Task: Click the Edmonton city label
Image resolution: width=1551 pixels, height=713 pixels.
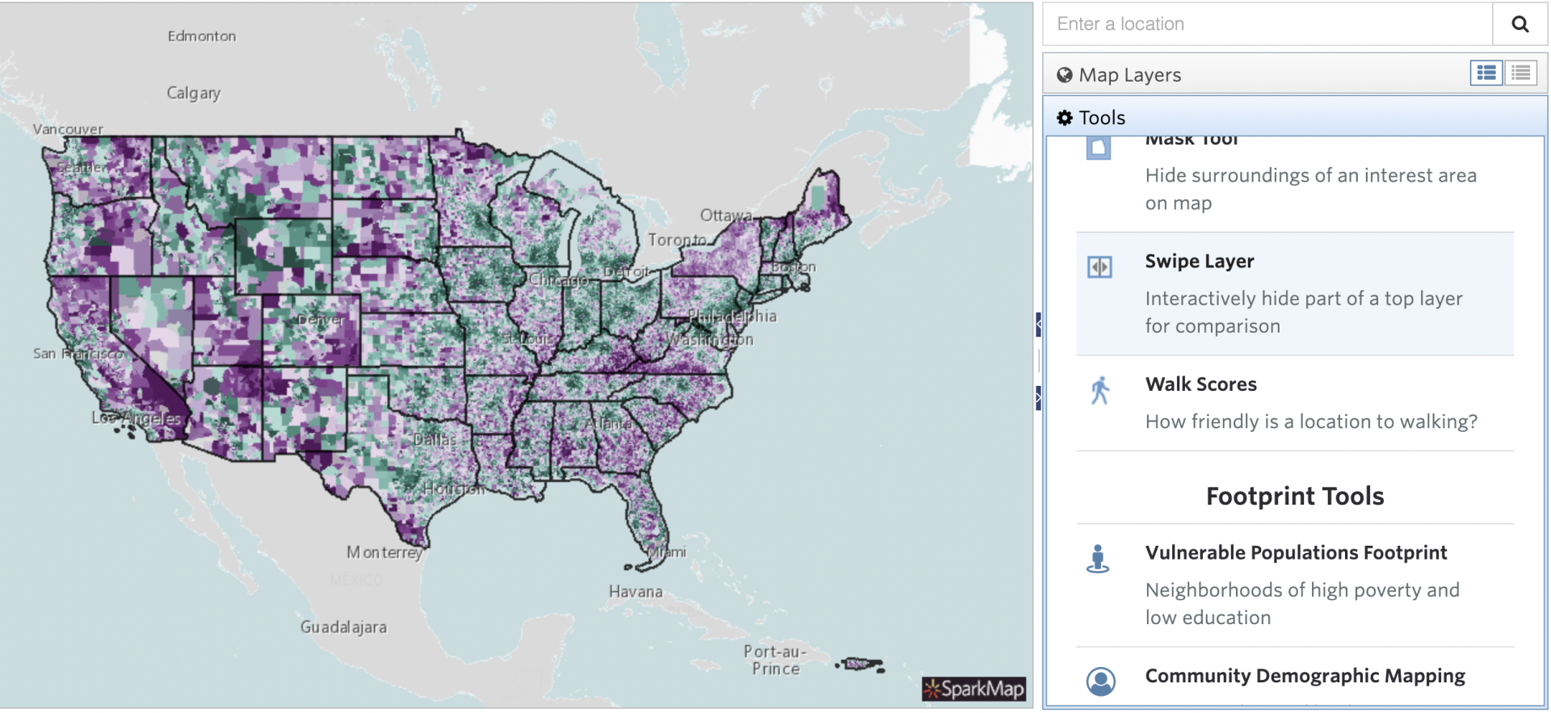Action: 202,36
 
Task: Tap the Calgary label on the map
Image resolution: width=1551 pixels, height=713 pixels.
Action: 193,93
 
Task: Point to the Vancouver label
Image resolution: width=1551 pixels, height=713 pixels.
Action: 68,129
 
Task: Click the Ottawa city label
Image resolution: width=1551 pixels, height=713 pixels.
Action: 725,216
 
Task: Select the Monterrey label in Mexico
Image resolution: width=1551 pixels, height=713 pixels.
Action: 385,552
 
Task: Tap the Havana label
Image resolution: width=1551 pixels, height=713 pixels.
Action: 636,592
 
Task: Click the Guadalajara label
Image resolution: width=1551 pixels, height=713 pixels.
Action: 343,627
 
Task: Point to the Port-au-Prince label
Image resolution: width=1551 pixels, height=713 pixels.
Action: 775,660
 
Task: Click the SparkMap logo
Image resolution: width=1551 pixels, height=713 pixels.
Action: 974,689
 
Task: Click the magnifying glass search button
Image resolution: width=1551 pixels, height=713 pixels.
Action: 1519,24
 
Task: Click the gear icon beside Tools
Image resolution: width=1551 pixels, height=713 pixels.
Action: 1065,118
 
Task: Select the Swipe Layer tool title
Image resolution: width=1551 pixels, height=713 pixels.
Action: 1199,262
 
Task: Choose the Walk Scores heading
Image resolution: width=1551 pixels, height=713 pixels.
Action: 1200,384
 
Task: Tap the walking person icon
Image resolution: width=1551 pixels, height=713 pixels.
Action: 1099,391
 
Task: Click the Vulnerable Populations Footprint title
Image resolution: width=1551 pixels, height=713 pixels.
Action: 1296,553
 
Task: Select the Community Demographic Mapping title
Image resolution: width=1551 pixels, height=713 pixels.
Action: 1305,676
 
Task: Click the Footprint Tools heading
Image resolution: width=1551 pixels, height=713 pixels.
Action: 1294,497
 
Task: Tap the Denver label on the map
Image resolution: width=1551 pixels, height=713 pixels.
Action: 321,320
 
